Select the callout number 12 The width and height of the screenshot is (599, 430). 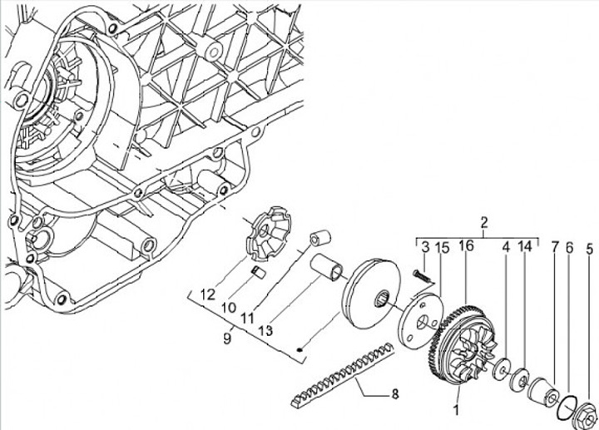click(x=207, y=293)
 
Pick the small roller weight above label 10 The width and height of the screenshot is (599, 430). click(x=258, y=272)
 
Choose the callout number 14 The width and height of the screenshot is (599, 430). click(x=525, y=247)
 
